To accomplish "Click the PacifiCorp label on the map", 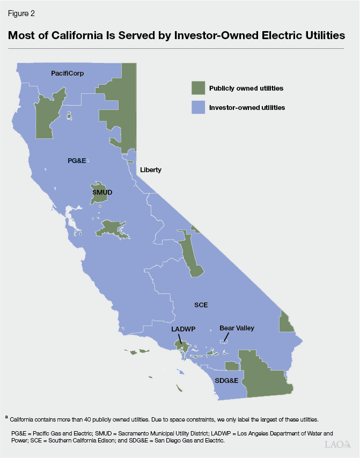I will tap(68, 72).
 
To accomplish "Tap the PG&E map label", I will tap(77, 160).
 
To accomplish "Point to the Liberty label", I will tap(150, 170).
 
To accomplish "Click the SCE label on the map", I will tap(201, 305).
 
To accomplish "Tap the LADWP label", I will tap(182, 329).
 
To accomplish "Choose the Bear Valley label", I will tap(237, 328).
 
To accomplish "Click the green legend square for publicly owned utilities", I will tap(199, 88).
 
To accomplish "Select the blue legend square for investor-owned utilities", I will tap(199, 107).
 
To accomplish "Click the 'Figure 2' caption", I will tap(21, 14).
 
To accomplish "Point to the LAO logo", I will tap(338, 444).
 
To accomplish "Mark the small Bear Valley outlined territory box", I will tap(225, 340).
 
